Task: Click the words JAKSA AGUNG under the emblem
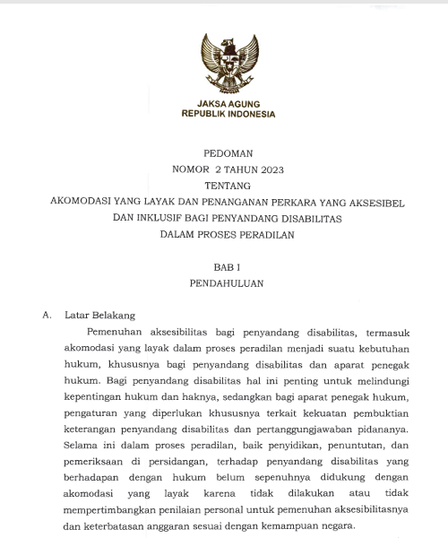(227, 103)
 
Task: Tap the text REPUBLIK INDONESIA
(228, 114)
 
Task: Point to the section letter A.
(47, 316)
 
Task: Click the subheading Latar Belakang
(99, 316)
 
